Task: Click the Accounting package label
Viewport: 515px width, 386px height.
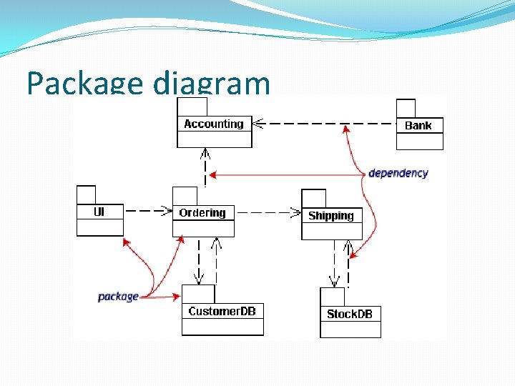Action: pyautogui.click(x=214, y=124)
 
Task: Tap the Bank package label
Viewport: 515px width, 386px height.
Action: pyautogui.click(x=418, y=125)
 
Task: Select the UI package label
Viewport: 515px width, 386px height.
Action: pyautogui.click(x=99, y=212)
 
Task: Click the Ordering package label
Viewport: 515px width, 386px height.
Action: pyautogui.click(x=202, y=212)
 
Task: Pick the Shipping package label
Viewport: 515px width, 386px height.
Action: pyautogui.click(x=331, y=215)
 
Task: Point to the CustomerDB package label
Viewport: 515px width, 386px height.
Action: pyautogui.click(x=222, y=311)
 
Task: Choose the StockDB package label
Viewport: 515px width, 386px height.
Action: pyautogui.click(x=350, y=314)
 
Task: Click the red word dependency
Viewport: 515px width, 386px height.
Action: pyautogui.click(x=398, y=173)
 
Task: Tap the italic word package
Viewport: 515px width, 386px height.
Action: pyautogui.click(x=118, y=296)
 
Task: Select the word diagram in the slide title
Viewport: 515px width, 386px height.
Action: pyautogui.click(x=212, y=85)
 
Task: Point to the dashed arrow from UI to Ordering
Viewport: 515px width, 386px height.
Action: pyautogui.click(x=147, y=212)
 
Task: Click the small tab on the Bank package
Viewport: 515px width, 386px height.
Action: pyautogui.click(x=406, y=109)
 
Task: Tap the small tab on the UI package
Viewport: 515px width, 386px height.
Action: pyautogui.click(x=86, y=194)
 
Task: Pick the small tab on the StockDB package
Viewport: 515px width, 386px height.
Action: pyautogui.click(x=332, y=296)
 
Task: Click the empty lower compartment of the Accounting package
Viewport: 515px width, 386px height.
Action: pyautogui.click(x=215, y=139)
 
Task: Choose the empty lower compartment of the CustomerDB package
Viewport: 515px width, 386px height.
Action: pyautogui.click(x=222, y=327)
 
